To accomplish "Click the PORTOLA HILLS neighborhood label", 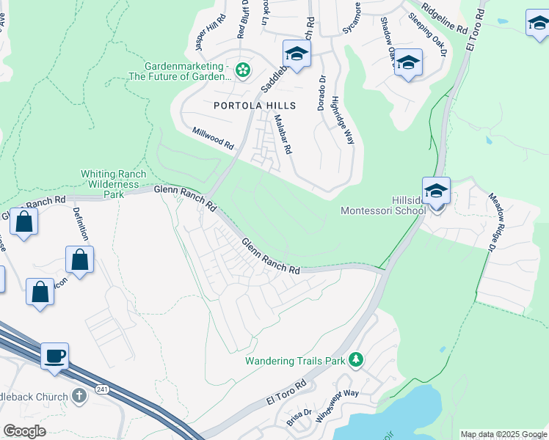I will [254, 106].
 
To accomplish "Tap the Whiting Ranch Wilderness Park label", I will [113, 184].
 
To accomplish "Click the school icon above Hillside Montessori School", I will [436, 191].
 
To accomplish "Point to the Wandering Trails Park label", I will [295, 361].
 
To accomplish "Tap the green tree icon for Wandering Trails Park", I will [356, 359].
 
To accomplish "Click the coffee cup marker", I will [55, 357].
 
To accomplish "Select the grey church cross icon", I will [79, 396].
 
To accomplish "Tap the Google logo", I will [24, 430].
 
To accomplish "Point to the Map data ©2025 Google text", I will [503, 434].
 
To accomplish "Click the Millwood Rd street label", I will [212, 138].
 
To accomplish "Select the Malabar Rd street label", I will [283, 133].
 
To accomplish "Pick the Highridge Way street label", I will [343, 120].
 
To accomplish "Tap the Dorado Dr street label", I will [321, 93].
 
